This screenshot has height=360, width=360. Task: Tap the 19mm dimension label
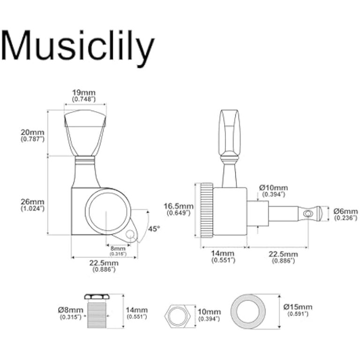pos(84,93)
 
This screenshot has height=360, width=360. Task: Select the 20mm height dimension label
pos(32,133)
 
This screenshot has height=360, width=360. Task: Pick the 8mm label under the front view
pos(115,248)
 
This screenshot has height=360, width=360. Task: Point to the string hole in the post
pos(307,213)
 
